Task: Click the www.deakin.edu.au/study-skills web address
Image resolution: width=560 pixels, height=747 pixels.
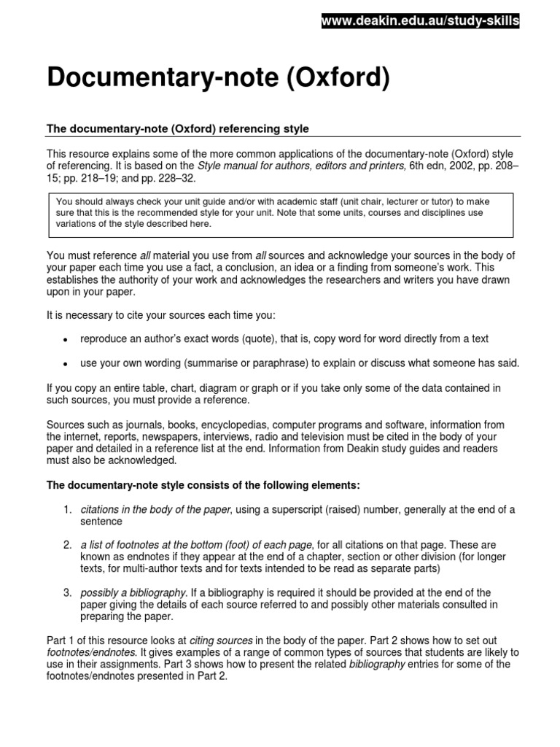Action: click(x=421, y=22)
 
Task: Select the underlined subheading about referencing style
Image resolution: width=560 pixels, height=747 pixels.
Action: click(x=178, y=129)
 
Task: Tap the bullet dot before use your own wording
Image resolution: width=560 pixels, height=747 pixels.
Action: click(x=65, y=364)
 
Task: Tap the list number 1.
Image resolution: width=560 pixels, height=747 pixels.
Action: click(x=66, y=510)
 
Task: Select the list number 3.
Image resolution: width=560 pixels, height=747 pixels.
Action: click(x=66, y=592)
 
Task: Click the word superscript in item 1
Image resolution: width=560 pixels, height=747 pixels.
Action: click(x=319, y=510)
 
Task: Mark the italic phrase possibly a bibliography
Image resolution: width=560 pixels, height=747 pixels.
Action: click(x=133, y=592)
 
